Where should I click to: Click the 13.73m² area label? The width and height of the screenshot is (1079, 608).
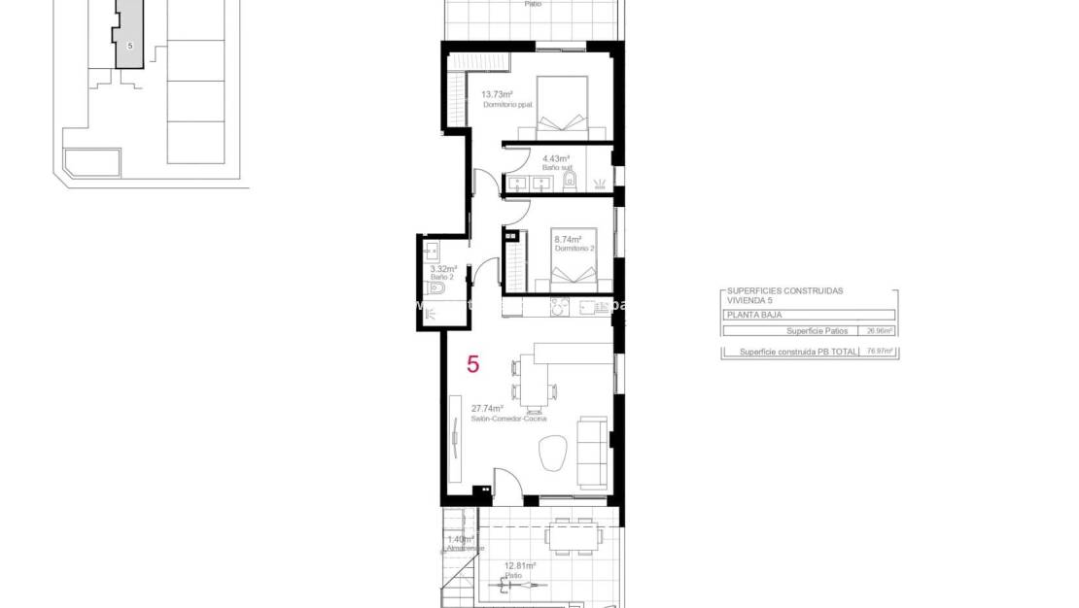(x=497, y=94)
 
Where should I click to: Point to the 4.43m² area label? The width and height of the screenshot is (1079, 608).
(x=555, y=158)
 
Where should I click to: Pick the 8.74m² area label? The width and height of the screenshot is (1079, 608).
(x=568, y=239)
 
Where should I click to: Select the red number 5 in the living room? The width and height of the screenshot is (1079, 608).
(x=473, y=365)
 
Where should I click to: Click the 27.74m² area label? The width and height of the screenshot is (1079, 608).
(x=487, y=409)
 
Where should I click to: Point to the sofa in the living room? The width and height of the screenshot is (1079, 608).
(x=593, y=452)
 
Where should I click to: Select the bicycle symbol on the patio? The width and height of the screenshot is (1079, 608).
(x=508, y=585)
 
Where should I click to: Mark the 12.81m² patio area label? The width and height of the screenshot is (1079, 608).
(x=519, y=565)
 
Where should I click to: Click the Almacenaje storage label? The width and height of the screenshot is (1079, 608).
(x=465, y=549)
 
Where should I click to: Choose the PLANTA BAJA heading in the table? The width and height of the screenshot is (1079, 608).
(x=754, y=316)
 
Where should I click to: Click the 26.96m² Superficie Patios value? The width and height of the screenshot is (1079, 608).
(x=880, y=330)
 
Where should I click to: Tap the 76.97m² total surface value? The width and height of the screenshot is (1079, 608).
(x=880, y=352)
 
